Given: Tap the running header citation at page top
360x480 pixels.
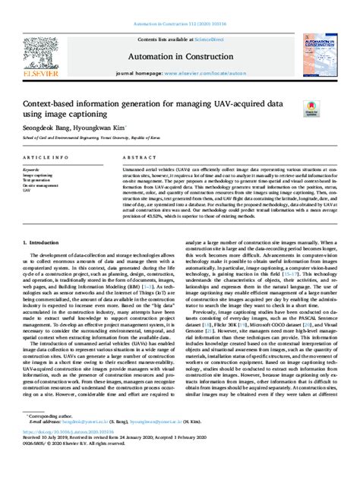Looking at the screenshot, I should [180, 26].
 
